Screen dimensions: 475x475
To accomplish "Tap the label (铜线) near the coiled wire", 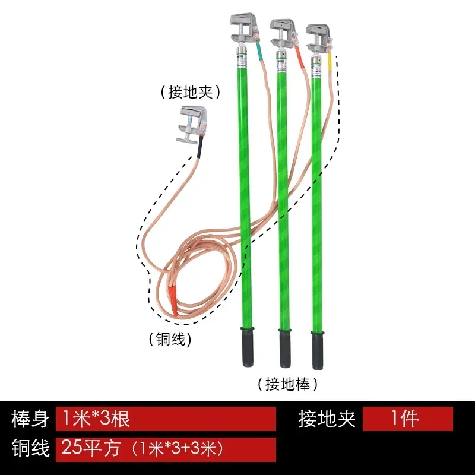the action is pos(173,339).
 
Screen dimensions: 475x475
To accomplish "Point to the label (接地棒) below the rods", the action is pos(287,384).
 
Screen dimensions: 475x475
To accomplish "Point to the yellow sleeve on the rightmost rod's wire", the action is pos(330,61).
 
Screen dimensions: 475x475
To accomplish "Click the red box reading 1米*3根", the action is pos(166,419).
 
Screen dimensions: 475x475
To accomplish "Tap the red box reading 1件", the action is pos(407,419).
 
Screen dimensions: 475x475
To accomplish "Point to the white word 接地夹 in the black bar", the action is pos(327,419).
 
